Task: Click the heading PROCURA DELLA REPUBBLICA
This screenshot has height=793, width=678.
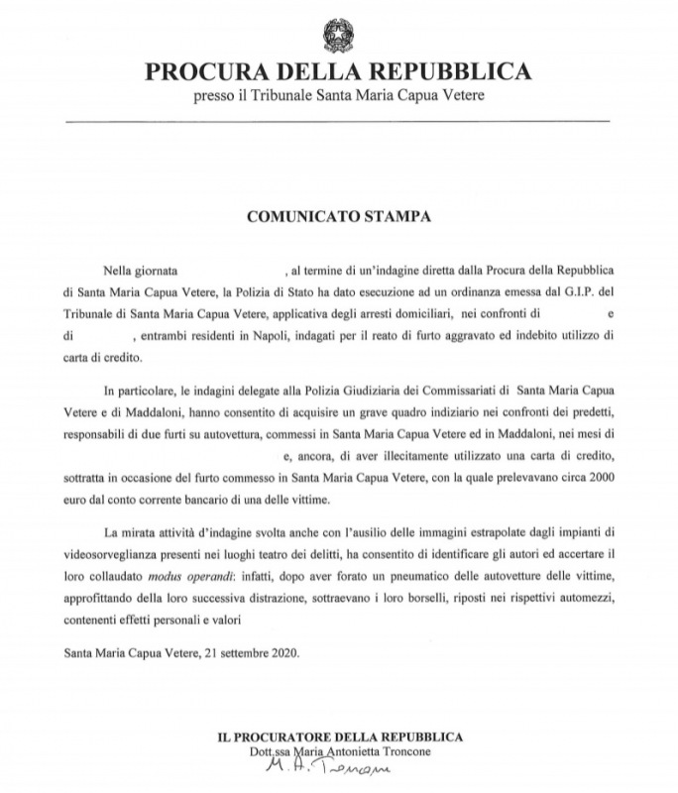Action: point(337,72)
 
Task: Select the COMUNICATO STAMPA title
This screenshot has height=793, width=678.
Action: point(337,213)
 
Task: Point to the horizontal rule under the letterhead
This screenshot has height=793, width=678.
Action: point(337,121)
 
